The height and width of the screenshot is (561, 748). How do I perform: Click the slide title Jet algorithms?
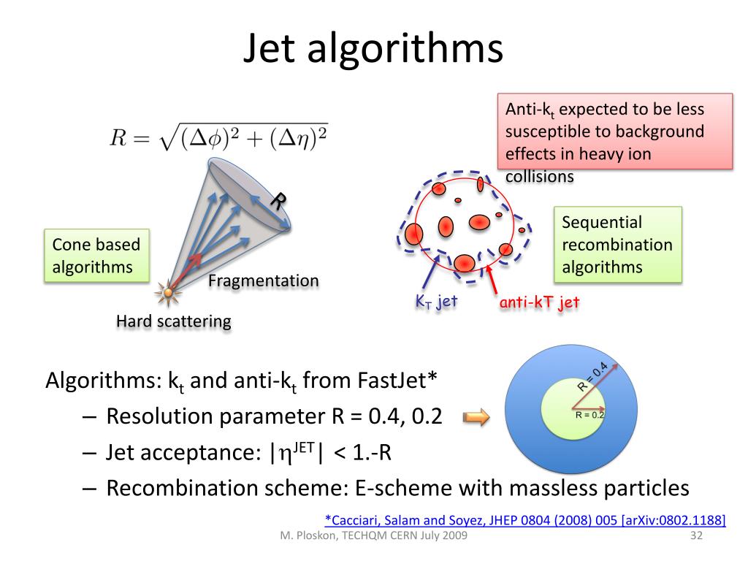(x=373, y=49)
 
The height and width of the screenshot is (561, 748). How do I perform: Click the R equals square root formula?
(x=218, y=137)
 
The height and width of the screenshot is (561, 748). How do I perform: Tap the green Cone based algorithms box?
(x=96, y=256)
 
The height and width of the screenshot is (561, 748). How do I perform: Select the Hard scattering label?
(x=174, y=321)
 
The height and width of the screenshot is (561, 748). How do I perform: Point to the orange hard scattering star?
(x=169, y=293)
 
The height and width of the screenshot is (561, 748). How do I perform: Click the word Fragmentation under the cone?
(x=264, y=280)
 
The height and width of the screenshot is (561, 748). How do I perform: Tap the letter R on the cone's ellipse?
(x=278, y=200)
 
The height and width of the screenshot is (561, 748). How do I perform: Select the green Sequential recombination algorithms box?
(x=617, y=245)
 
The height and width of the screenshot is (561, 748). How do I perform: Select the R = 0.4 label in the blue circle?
(x=593, y=376)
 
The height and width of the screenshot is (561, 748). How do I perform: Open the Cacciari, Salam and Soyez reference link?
(x=524, y=519)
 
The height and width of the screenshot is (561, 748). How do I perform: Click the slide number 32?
(x=695, y=536)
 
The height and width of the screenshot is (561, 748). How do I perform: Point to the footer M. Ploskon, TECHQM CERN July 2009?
(x=374, y=536)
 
